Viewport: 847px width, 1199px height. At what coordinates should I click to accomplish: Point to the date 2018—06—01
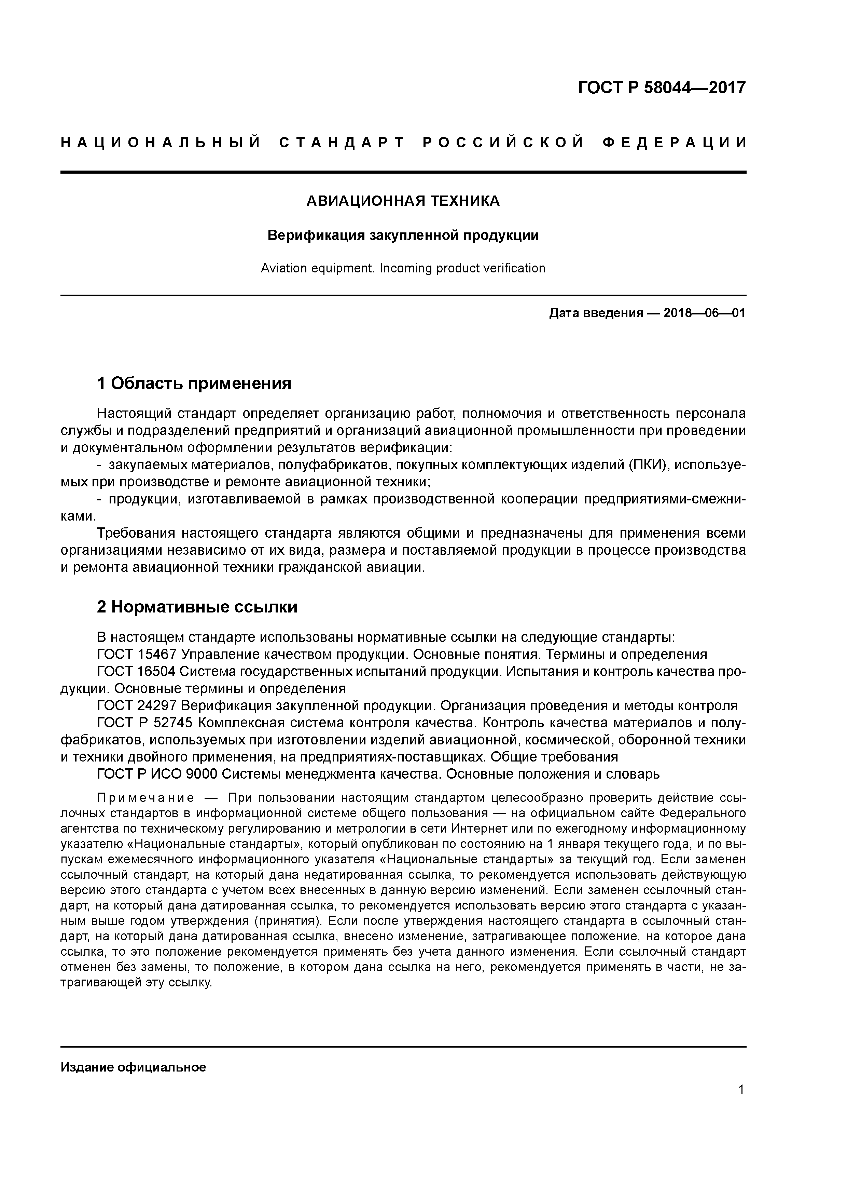point(704,313)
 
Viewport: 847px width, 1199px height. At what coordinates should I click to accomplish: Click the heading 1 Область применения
point(194,384)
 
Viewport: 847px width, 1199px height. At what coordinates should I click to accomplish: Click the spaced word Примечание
point(145,798)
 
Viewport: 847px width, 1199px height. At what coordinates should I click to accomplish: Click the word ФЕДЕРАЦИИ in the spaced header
point(675,143)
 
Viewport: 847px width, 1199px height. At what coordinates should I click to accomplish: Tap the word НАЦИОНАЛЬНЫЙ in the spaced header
point(161,143)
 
